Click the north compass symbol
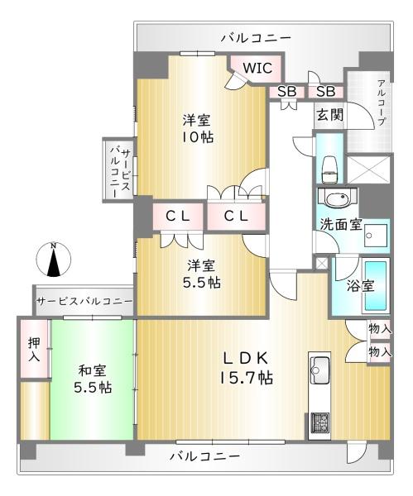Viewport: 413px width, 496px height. click(x=54, y=260)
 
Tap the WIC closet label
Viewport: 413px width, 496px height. click(x=257, y=68)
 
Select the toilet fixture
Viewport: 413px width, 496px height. click(x=329, y=169)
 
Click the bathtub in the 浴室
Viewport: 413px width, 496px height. click(x=376, y=286)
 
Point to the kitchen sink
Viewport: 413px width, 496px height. click(x=319, y=365)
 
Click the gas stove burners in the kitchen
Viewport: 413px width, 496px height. click(x=319, y=423)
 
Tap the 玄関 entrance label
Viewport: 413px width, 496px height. click(x=330, y=115)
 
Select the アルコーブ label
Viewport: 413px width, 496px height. click(x=382, y=103)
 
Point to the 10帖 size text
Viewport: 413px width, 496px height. click(x=197, y=137)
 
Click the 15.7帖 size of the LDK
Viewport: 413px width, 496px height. click(x=247, y=377)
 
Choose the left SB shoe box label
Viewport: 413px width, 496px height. click(x=286, y=92)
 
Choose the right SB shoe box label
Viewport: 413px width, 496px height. click(x=325, y=92)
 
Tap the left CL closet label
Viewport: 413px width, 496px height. click(x=178, y=217)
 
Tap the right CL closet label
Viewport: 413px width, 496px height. click(x=236, y=217)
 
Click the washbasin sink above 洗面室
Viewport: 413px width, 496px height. click(x=338, y=199)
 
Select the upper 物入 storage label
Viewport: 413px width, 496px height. click(x=380, y=328)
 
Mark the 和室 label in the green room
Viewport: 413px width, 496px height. click(x=92, y=370)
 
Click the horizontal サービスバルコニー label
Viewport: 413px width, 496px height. click(x=84, y=301)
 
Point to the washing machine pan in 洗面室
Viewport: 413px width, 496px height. click(x=376, y=236)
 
